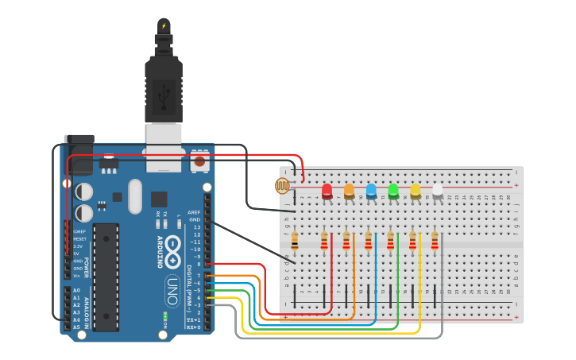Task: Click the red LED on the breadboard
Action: click(327, 191)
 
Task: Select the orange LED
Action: click(349, 191)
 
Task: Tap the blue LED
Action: click(371, 191)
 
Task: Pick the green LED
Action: click(393, 191)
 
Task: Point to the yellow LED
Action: click(416, 191)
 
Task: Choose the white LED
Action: click(437, 191)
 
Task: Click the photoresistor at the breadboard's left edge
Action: click(282, 185)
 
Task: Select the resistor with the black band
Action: click(295, 239)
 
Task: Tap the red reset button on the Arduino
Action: click(199, 161)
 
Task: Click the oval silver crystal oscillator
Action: click(133, 195)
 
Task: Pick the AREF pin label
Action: click(194, 213)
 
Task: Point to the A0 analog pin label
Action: click(76, 290)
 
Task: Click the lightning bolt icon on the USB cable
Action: click(164, 25)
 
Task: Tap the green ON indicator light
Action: click(164, 317)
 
